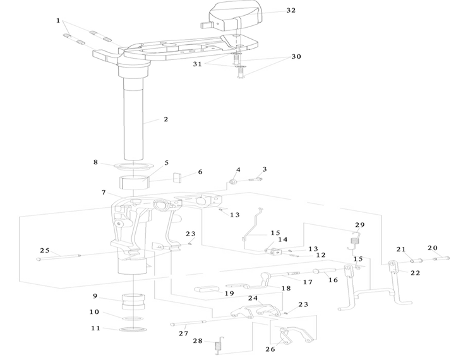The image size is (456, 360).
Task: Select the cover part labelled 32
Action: pyautogui.click(x=232, y=16)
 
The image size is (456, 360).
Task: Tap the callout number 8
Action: pyautogui.click(x=96, y=162)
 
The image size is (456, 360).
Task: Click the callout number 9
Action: pyautogui.click(x=95, y=296)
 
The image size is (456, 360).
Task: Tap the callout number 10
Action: pyautogui.click(x=94, y=312)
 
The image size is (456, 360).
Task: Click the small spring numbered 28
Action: pyautogui.click(x=219, y=345)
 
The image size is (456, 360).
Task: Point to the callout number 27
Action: pyautogui.click(x=183, y=333)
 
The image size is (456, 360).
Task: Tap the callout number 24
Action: pyautogui.click(x=253, y=298)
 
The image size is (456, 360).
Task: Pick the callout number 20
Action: pyautogui.click(x=433, y=248)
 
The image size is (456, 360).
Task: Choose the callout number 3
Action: pyautogui.click(x=265, y=169)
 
